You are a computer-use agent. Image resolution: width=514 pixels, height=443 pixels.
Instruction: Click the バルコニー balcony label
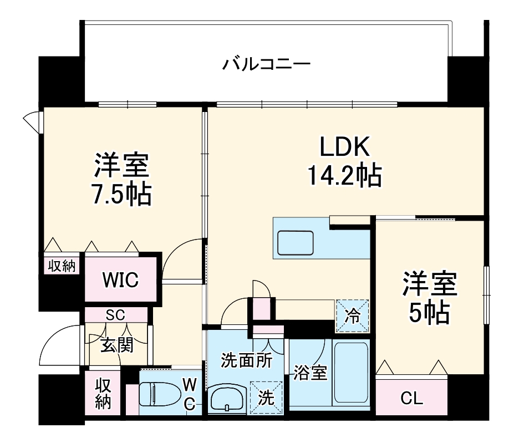(266, 64)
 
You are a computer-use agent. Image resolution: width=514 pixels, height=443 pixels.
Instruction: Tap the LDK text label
(344, 148)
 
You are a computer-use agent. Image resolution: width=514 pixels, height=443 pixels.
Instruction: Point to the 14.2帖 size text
(344, 176)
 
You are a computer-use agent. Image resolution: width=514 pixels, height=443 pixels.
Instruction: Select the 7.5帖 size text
(120, 194)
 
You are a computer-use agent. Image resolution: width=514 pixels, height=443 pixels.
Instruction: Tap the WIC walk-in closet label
(120, 280)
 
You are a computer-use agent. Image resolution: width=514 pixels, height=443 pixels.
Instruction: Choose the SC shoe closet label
(115, 315)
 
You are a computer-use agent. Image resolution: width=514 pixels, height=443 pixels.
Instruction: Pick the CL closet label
(411, 398)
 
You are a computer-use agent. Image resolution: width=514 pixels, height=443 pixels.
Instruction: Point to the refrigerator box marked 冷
(352, 315)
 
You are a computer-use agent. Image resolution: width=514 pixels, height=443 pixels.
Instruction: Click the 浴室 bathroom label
(311, 373)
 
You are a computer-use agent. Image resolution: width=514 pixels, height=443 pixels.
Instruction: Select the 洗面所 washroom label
(246, 360)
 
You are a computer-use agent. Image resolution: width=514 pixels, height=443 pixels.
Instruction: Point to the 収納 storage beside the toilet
(103, 394)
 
